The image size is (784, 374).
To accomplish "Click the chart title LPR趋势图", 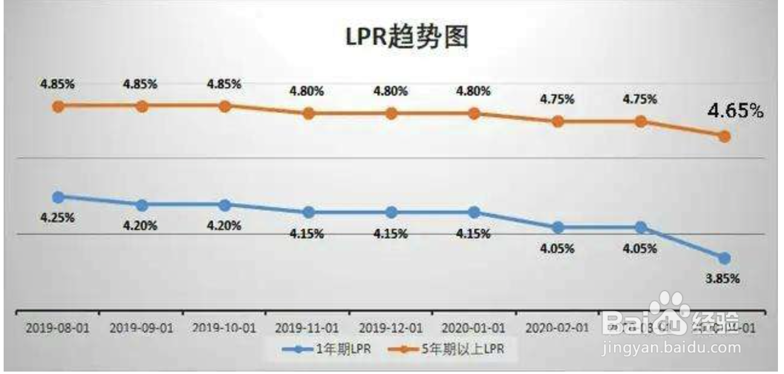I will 407,38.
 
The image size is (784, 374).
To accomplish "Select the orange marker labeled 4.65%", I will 724,136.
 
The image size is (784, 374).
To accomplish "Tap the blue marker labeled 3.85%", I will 724,258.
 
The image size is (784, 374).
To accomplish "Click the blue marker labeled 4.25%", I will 58,197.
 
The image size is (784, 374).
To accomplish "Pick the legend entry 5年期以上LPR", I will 454,349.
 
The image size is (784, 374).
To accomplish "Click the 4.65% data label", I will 736,111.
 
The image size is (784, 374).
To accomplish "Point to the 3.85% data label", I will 724,279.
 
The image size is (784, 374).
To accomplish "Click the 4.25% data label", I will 58,217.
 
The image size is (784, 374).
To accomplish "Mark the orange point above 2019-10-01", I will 224,106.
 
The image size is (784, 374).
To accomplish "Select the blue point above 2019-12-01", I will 391,212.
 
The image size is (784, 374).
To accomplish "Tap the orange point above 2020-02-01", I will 557,121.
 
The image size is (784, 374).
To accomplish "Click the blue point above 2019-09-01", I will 142,205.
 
